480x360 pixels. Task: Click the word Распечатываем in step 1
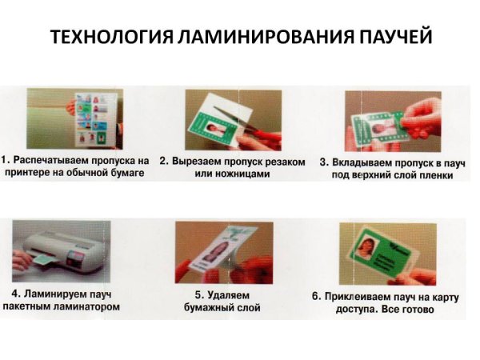pyautogui.click(x=58, y=161)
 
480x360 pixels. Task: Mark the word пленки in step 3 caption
pyautogui.click(x=432, y=174)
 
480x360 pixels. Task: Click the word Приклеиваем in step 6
pyautogui.click(x=360, y=296)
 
